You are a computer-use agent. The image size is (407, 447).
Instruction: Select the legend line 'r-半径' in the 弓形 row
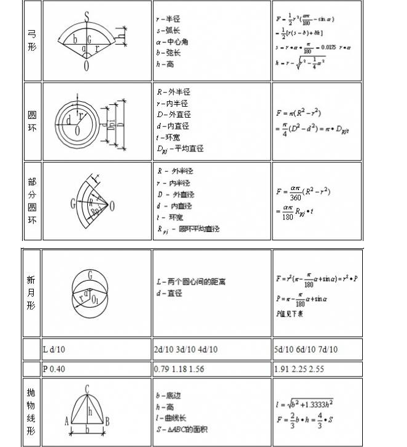click(169, 19)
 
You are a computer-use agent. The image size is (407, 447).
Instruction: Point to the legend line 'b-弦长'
click(169, 53)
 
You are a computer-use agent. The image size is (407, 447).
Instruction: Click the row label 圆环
click(32, 121)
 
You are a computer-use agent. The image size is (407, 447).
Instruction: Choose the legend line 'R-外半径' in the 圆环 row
click(174, 92)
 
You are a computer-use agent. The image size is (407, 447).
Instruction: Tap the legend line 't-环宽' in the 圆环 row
click(172, 137)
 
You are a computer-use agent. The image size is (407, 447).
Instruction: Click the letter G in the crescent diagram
click(91, 274)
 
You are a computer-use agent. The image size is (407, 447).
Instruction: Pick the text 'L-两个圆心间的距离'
click(191, 282)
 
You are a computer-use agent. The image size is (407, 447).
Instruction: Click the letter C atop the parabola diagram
click(87, 388)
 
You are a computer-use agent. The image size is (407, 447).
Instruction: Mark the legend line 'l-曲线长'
click(172, 418)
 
